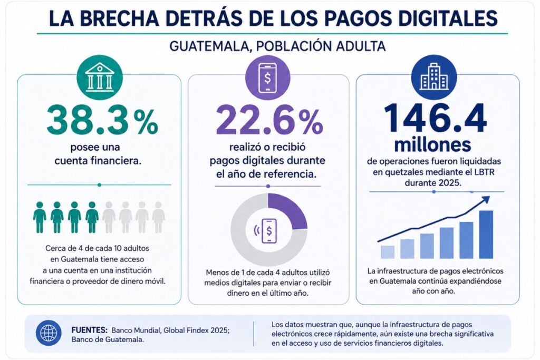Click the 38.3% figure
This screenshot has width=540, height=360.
102,120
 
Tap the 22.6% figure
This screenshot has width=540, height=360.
269,120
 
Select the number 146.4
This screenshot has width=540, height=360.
435,119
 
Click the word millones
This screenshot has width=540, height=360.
432,145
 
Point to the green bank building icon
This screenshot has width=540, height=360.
100,78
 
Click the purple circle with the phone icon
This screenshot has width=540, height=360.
267,78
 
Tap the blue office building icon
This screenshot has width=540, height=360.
435,78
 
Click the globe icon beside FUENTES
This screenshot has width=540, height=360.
49,333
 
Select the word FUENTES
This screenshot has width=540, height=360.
90,330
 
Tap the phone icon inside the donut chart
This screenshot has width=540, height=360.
268,231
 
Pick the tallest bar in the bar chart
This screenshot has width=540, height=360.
486,235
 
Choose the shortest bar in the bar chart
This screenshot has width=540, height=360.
388,252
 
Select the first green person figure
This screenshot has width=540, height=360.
40,217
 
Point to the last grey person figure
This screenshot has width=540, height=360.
158,217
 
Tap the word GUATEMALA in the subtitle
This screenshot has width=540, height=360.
208,46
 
